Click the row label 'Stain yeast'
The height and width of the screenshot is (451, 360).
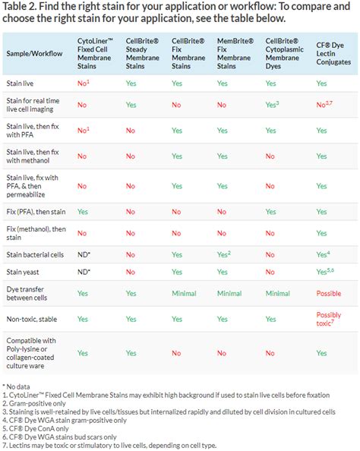tap(25, 270)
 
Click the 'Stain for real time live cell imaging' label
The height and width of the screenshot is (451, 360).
tap(38, 106)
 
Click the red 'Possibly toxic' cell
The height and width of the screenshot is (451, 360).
tap(329, 319)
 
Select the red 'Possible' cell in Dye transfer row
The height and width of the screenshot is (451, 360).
tap(329, 292)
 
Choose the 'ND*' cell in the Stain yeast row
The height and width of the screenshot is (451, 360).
tap(85, 270)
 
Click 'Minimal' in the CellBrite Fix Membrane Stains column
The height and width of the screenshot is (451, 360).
tap(185, 292)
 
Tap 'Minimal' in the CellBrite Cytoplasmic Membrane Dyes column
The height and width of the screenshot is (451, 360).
tap(278, 292)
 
